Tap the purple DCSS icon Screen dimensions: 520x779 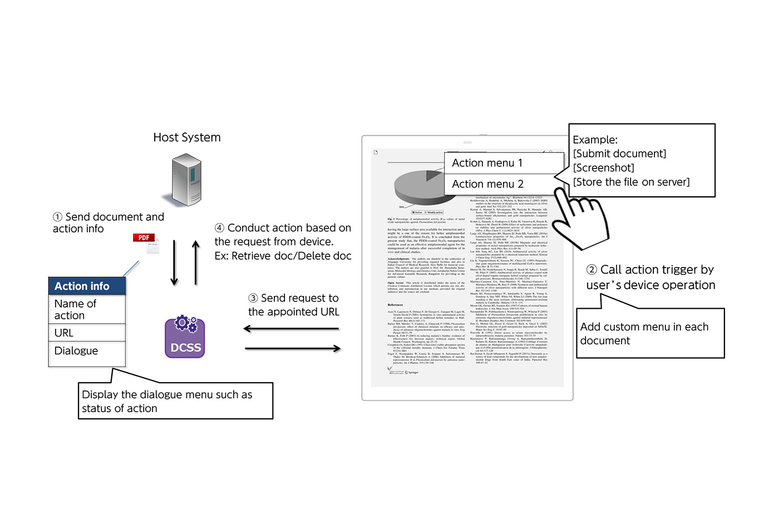tap(185, 337)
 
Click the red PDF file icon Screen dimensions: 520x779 tap(146, 242)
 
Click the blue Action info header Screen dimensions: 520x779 tap(87, 286)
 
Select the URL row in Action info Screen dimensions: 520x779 tap(87, 333)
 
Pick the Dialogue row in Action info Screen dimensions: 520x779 tap(87, 351)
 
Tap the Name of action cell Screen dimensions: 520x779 tap(87, 309)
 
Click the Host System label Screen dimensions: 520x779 tap(187, 137)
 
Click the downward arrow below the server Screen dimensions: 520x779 tap(174, 263)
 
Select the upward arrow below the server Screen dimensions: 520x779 tap(196, 263)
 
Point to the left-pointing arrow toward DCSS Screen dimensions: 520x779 tap(291, 329)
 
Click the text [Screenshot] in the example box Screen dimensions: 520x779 tap(603, 168)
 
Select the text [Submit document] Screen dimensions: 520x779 tap(619, 153)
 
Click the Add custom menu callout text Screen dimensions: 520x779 tap(644, 334)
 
